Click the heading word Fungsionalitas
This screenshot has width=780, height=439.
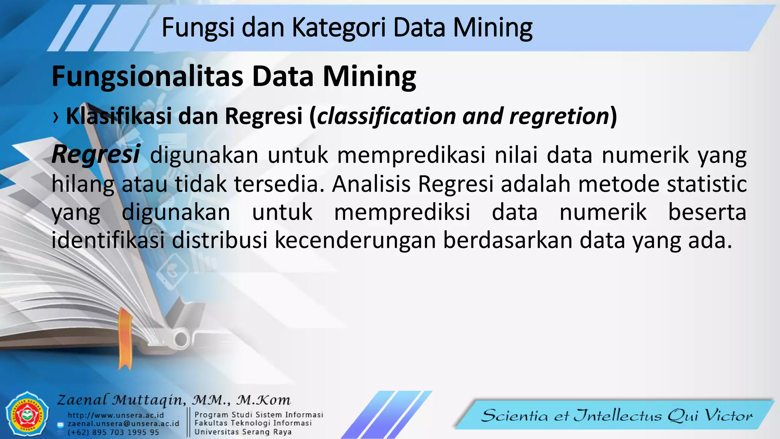pos(147,76)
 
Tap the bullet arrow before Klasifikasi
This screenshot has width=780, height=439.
pos(56,117)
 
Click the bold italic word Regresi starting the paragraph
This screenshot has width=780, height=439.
pos(96,155)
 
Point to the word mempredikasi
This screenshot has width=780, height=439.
pos(411,155)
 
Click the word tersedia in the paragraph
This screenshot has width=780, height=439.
pos(279,184)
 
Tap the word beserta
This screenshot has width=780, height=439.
pos(707,212)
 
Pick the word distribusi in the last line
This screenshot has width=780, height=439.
pos(220,240)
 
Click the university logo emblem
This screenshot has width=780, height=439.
pos(27,414)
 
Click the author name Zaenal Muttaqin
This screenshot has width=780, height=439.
pos(121,400)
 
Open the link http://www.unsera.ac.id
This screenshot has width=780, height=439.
pos(116,415)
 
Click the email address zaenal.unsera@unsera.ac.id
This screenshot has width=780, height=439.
pos(123,424)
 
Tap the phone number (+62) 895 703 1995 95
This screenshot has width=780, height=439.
pos(113,433)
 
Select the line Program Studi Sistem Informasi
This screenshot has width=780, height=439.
pos(259,415)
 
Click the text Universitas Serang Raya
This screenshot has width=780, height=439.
pos(243,432)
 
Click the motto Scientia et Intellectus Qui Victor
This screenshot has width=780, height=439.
pos(617,415)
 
